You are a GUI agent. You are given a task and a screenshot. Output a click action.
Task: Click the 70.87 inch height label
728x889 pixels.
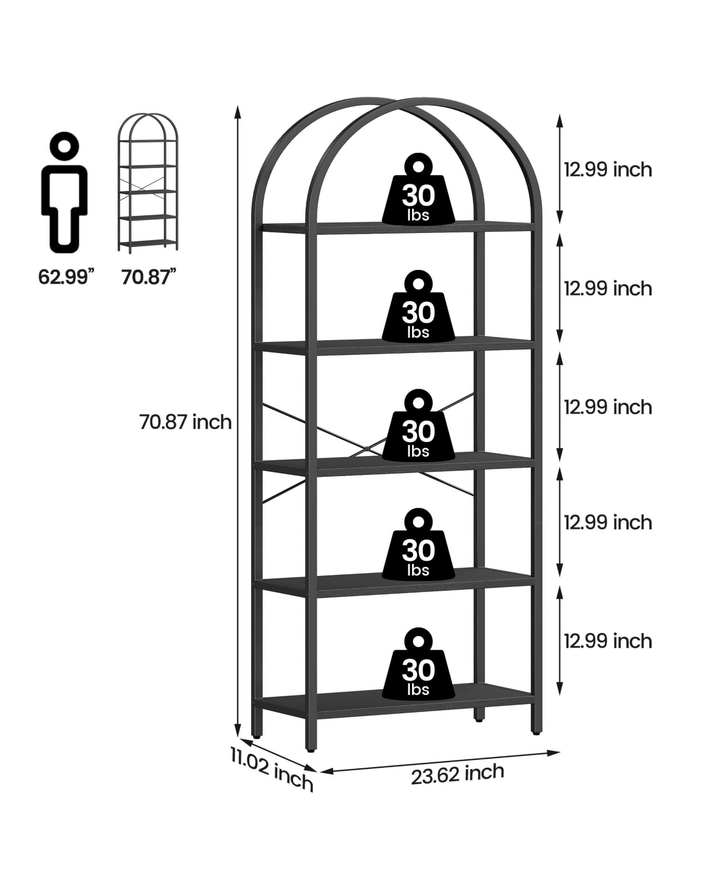click(186, 422)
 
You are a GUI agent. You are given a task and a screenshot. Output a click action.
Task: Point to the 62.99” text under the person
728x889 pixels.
click(66, 277)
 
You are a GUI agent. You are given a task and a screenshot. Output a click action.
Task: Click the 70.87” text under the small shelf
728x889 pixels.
click(149, 277)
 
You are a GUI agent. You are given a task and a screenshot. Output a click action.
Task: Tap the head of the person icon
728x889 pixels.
click(64, 146)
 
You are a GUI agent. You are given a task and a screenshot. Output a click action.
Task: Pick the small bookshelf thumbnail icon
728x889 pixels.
click(147, 183)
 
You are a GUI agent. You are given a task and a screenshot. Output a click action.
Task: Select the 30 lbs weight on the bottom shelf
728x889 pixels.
click(419, 663)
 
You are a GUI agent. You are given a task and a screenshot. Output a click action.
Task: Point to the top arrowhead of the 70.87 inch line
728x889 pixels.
click(238, 113)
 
